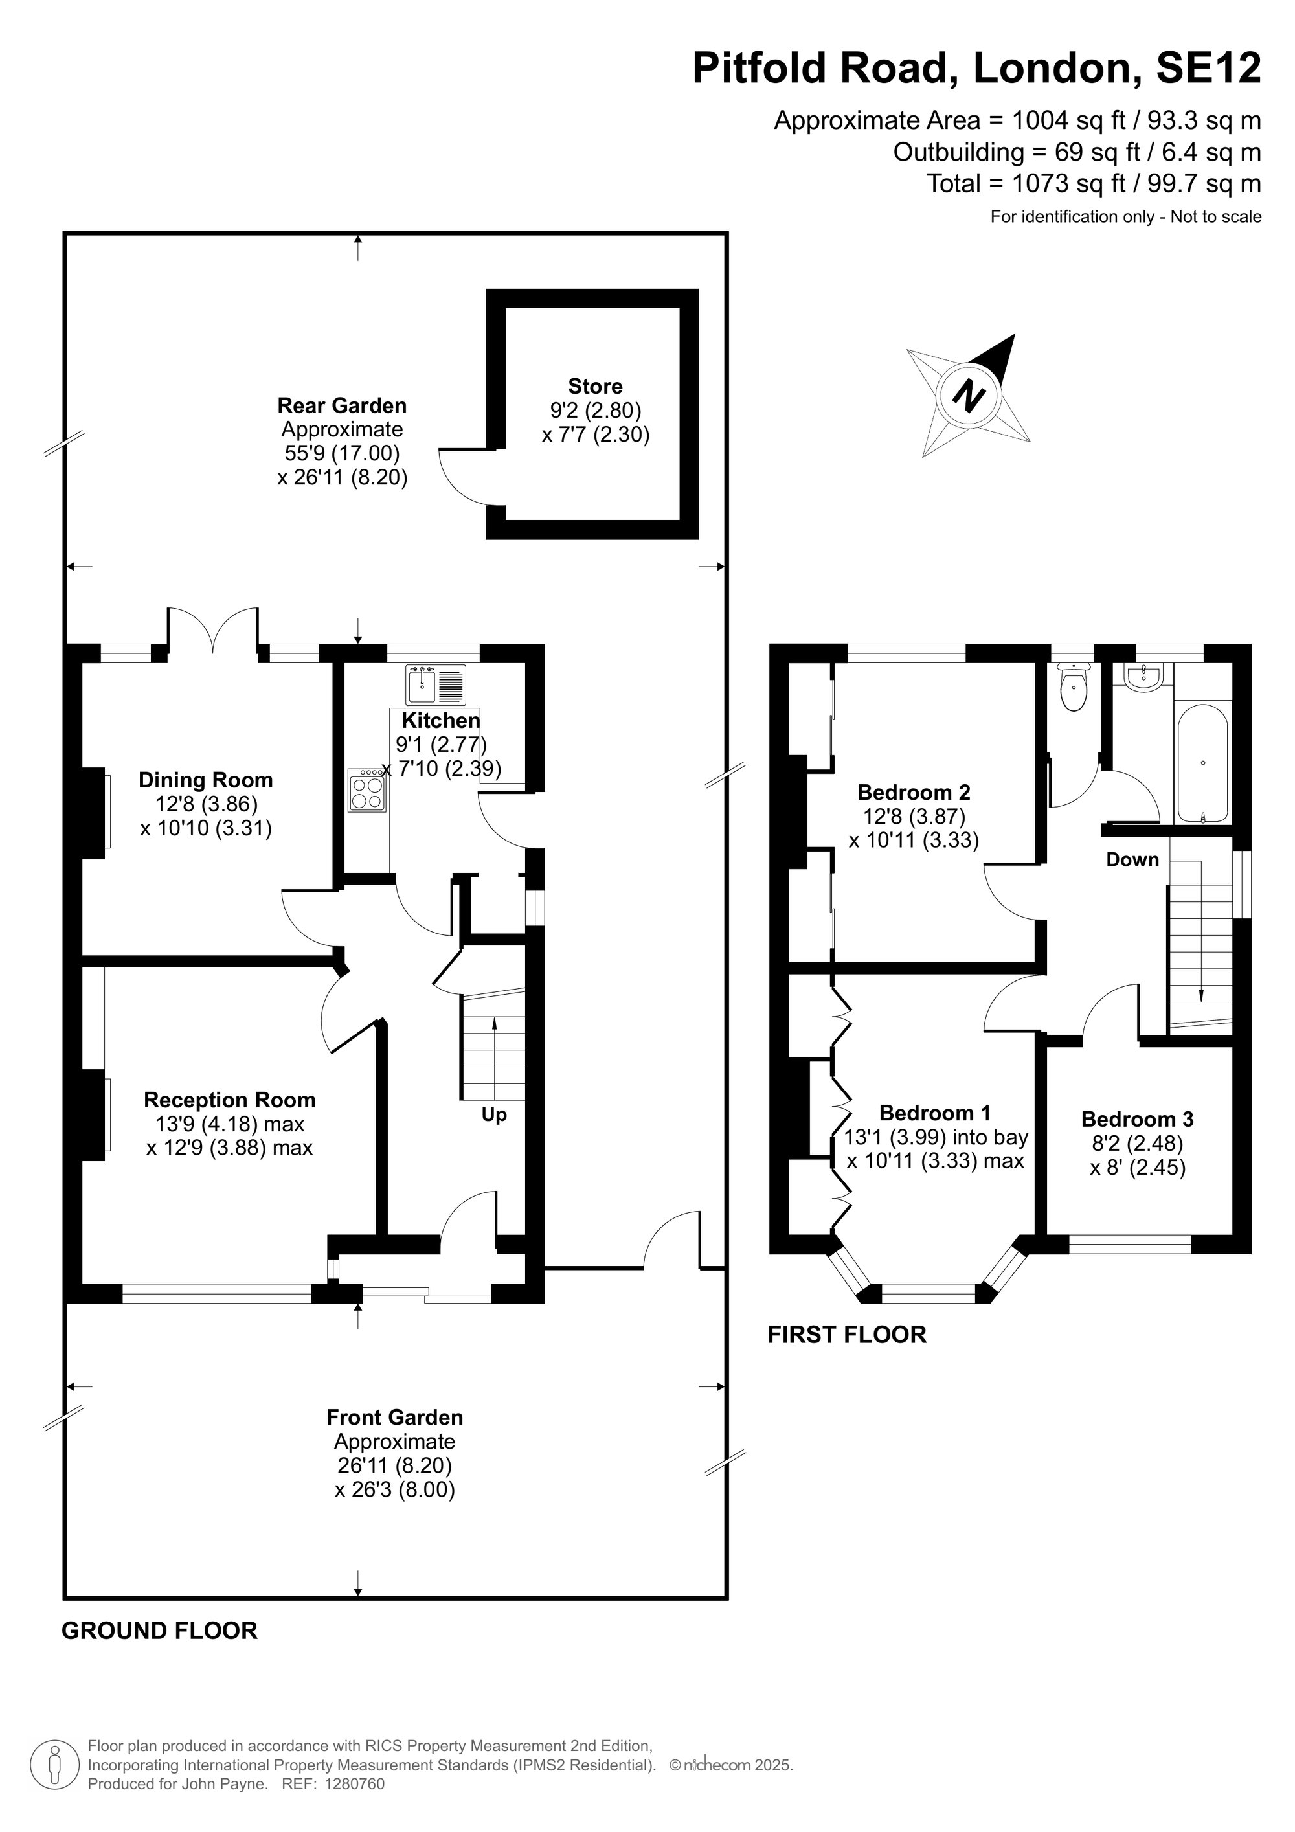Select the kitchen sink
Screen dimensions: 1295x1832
436,684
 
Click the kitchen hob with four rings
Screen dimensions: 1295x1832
366,790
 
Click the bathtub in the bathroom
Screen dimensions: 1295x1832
1202,763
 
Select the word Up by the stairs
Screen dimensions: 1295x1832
494,1114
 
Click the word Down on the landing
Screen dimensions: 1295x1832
1132,859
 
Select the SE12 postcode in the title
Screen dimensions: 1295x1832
1209,68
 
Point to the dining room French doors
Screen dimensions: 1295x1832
213,630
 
